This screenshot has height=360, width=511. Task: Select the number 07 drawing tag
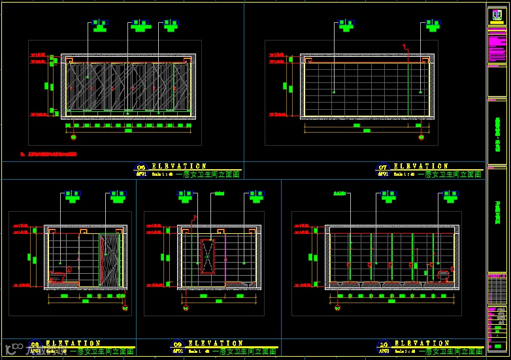tap(383, 168)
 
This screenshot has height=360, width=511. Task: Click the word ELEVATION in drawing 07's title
tap(420, 167)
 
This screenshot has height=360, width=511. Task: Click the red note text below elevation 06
tap(49, 155)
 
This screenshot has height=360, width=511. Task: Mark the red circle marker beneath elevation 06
tap(73, 137)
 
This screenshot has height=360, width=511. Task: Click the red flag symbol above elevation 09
tap(193, 218)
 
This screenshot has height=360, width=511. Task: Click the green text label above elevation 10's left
tap(340, 194)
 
